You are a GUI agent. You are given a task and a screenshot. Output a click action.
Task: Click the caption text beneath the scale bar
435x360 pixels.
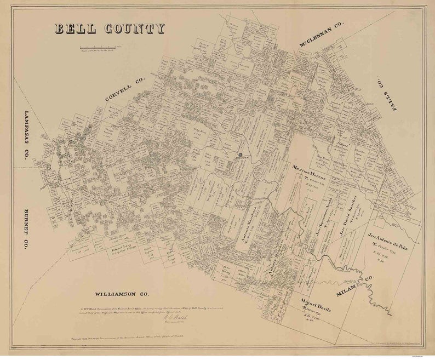point(100,53)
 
